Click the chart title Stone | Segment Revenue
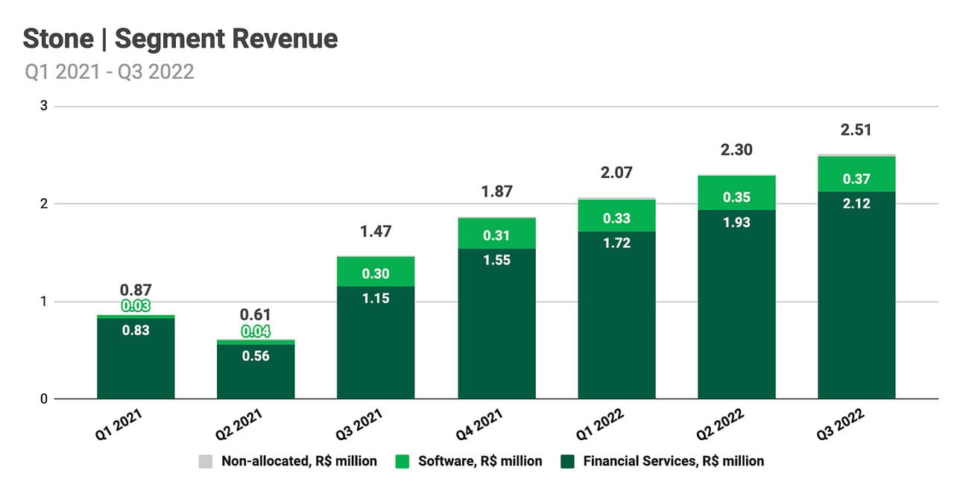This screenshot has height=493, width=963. coord(180,39)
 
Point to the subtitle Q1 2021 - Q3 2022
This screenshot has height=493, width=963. coord(110,71)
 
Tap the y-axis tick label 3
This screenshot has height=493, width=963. coord(44,106)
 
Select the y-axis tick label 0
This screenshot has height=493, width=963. coord(44,399)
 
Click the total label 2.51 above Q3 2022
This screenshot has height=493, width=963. coord(856,130)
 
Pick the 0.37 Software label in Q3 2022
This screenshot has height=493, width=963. coord(856,179)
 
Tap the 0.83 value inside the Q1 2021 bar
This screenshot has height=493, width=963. coord(136,330)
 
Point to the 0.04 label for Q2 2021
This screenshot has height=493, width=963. coord(256,331)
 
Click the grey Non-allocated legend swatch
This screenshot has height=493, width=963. coord(206,462)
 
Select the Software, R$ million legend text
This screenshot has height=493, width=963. coord(479,461)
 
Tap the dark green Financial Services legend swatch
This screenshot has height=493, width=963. coord(567,462)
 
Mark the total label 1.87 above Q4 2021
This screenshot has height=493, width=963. coord(496,191)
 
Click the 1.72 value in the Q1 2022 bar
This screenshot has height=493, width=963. coord(616,243)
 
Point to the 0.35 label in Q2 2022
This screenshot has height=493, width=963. coord(736,197)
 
